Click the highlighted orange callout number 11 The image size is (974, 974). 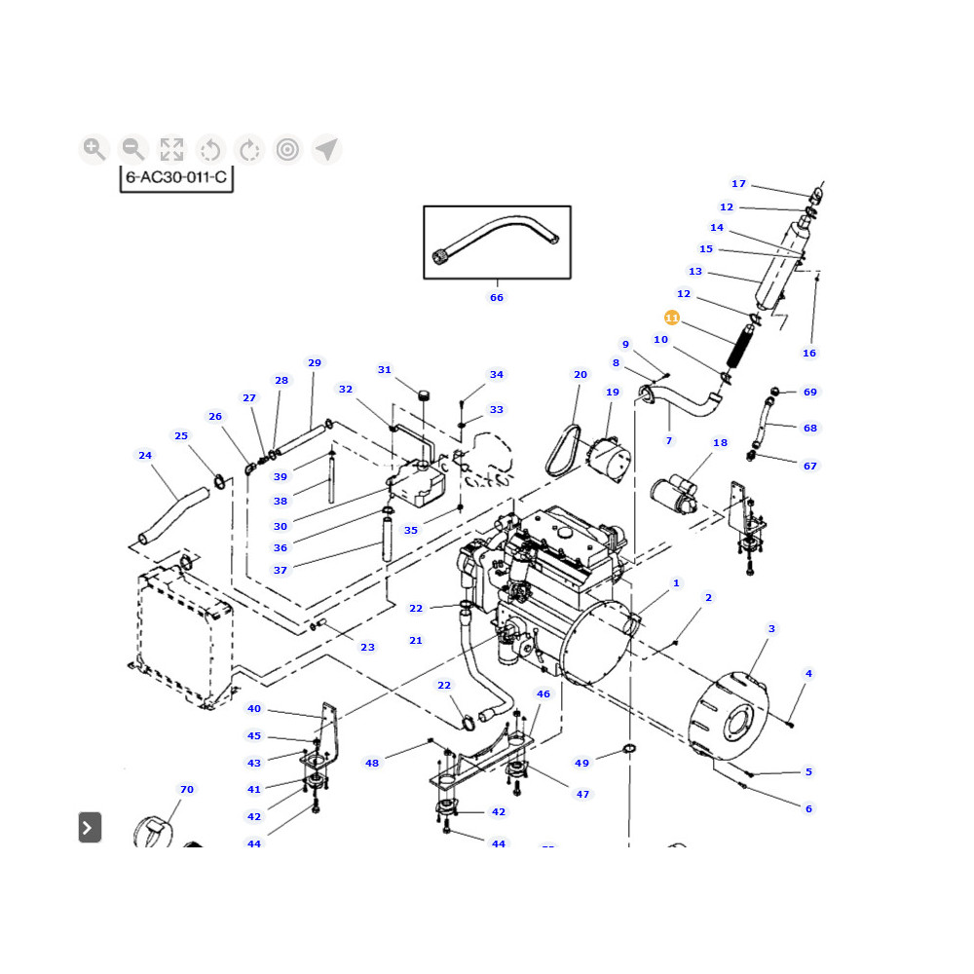tap(672, 318)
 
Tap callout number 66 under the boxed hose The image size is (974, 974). tap(497, 297)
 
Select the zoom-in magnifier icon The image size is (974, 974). tap(94, 149)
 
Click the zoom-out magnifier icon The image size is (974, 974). tap(132, 149)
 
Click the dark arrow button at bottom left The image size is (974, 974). tap(90, 828)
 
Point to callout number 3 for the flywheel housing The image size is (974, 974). tap(771, 629)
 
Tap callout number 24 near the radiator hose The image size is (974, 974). tap(145, 455)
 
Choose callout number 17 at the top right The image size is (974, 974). tap(738, 183)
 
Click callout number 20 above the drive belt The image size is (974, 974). tap(581, 375)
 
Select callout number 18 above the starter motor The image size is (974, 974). tap(720, 443)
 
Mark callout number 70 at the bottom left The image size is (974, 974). tap(187, 789)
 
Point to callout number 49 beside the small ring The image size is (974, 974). tap(582, 763)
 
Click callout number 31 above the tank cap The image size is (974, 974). tap(385, 370)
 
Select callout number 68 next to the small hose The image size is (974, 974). tap(810, 428)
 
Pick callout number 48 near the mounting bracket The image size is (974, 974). tap(372, 763)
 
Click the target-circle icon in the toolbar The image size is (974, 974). tap(287, 149)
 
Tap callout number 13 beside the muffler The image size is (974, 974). tap(695, 272)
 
